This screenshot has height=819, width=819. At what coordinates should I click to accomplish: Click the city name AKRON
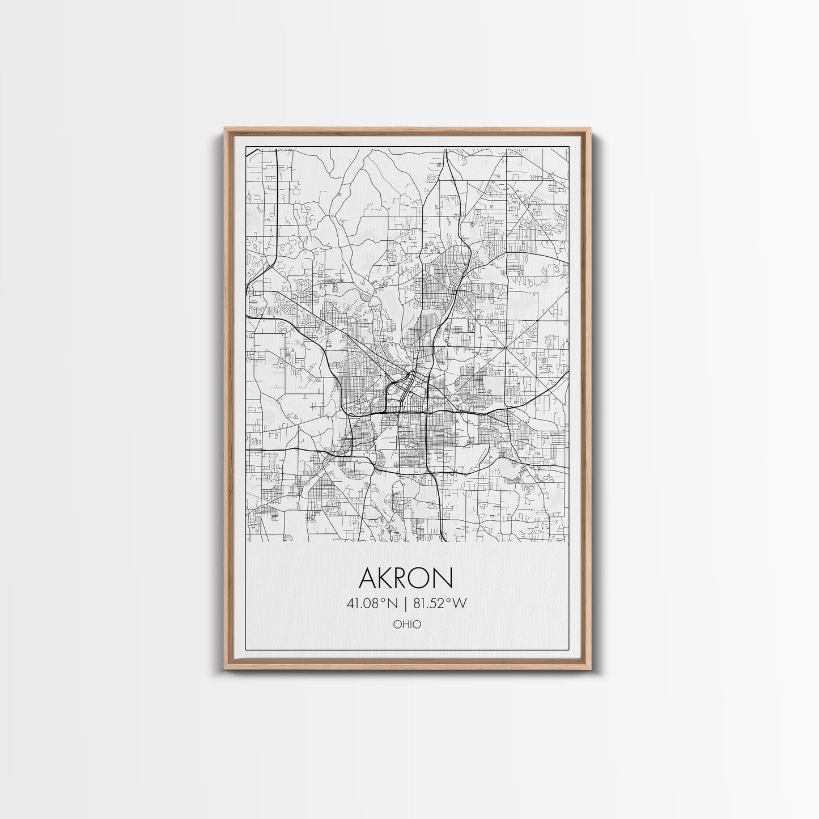point(406,578)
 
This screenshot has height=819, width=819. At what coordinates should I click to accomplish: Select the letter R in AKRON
point(403,578)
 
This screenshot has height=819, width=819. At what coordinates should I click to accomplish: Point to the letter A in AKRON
point(366,578)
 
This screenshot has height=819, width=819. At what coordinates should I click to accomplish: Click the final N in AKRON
point(444,578)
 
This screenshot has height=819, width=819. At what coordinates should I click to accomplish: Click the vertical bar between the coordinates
point(407,603)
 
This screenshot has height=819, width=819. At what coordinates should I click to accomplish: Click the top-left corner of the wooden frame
point(225,129)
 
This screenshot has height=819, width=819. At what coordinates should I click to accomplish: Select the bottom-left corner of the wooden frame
point(225,671)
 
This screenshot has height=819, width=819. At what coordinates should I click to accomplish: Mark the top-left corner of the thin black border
point(244,146)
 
